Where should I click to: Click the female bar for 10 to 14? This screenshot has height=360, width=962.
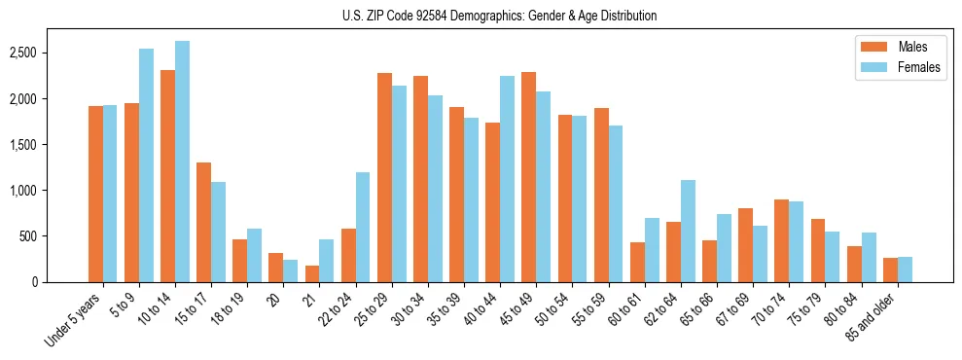[182, 162]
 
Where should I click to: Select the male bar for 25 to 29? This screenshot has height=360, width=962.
[384, 177]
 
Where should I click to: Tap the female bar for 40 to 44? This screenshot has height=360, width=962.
[507, 179]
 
